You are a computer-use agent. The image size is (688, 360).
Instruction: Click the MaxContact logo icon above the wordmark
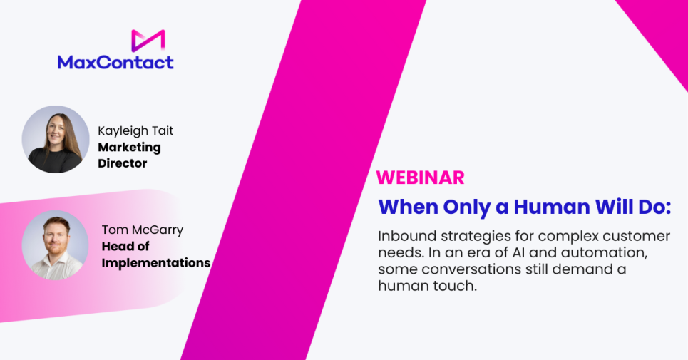point(148,41)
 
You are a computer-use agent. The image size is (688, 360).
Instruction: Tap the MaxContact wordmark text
point(115,62)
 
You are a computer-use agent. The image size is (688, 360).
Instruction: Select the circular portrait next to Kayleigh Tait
point(56,140)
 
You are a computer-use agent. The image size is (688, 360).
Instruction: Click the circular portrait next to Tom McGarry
point(56,245)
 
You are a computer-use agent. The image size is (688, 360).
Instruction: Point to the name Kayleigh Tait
point(135,130)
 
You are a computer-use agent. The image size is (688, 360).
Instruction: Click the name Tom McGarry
point(143,230)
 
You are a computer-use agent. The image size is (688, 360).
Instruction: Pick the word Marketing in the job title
point(130,148)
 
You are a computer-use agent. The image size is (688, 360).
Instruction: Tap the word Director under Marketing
point(123,163)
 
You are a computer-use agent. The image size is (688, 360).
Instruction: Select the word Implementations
point(156,263)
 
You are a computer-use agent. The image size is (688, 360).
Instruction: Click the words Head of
point(125,247)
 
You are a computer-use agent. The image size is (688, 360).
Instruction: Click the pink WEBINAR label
point(421,178)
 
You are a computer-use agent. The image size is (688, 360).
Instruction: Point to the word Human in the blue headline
point(552,207)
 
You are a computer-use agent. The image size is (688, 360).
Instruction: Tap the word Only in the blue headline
point(467,207)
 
